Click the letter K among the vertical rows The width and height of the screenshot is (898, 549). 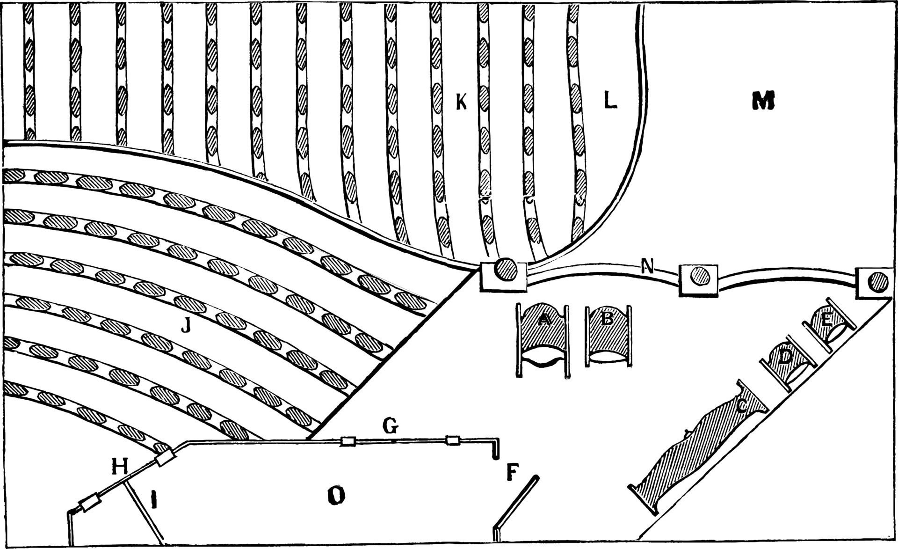point(462,102)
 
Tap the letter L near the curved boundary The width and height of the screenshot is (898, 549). point(610,100)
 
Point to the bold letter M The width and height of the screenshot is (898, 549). point(763,100)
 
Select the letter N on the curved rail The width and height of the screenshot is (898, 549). point(647,266)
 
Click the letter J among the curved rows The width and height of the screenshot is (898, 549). point(186,325)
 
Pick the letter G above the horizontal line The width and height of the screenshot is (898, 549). point(391,426)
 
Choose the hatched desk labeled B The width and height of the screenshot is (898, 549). point(608,334)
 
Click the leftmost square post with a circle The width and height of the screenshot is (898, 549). point(503,276)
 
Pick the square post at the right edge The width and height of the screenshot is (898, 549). point(875,282)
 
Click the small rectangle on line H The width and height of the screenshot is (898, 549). point(165,458)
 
